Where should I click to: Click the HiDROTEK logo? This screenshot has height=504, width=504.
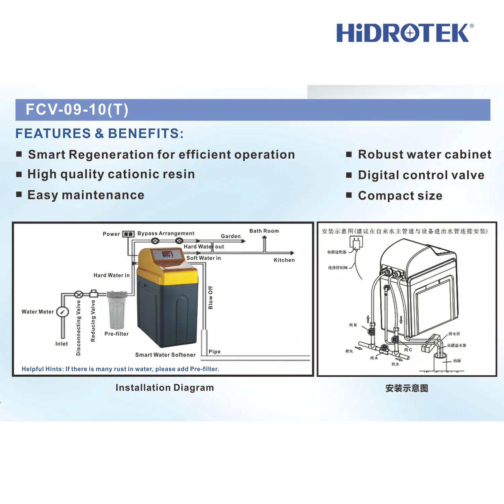tap(405, 33)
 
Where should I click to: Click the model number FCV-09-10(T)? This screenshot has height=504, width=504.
tap(77, 110)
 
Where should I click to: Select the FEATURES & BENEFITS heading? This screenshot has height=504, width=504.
tap(99, 133)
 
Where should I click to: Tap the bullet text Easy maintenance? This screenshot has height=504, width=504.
tap(86, 195)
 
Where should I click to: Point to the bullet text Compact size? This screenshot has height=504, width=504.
tap(400, 196)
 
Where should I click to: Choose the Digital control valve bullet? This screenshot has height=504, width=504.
tap(421, 175)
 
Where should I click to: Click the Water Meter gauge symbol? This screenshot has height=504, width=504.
tap(62, 312)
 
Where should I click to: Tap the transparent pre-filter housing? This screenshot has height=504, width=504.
tap(117, 311)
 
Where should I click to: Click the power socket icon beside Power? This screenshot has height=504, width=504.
tap(128, 234)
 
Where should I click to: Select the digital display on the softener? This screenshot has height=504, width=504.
tap(167, 254)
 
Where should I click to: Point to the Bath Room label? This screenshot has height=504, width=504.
tap(264, 231)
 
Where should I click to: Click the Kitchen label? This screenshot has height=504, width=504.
tap(284, 260)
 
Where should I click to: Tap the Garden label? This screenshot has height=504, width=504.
tap(230, 236)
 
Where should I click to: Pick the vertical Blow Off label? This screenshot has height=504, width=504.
tap(210, 298)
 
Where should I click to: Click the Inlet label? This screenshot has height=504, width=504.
tap(61, 344)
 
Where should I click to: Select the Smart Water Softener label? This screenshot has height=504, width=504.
tap(165, 355)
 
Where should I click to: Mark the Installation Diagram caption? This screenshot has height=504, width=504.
tap(165, 388)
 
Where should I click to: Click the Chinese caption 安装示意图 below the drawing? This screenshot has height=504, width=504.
tap(407, 388)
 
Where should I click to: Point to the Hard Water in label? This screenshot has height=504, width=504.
tap(112, 275)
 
